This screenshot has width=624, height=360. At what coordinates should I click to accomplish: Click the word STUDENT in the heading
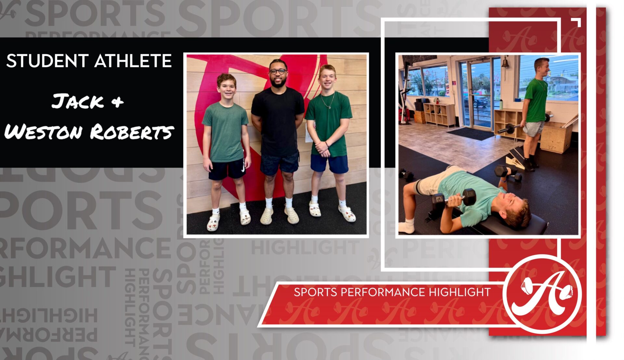pos(47,61)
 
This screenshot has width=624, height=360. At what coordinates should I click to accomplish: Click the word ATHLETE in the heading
pos(133,61)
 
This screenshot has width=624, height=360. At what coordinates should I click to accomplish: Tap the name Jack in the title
pos(77,101)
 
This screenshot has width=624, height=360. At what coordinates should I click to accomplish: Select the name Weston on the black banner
pos(44,132)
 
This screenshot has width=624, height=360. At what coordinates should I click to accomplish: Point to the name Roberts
pos(132,132)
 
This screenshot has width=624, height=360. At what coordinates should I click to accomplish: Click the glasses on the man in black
pos(278,71)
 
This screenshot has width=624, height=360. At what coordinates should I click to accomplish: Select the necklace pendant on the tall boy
pos(330,107)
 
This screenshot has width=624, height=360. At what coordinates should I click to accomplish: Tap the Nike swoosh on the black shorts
pos(243,168)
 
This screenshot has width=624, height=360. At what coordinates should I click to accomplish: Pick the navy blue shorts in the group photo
pos(329,164)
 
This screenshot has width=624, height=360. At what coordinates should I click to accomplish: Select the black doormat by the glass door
pos(470,133)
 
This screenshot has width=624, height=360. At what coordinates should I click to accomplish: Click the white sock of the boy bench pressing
pos(407,226)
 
